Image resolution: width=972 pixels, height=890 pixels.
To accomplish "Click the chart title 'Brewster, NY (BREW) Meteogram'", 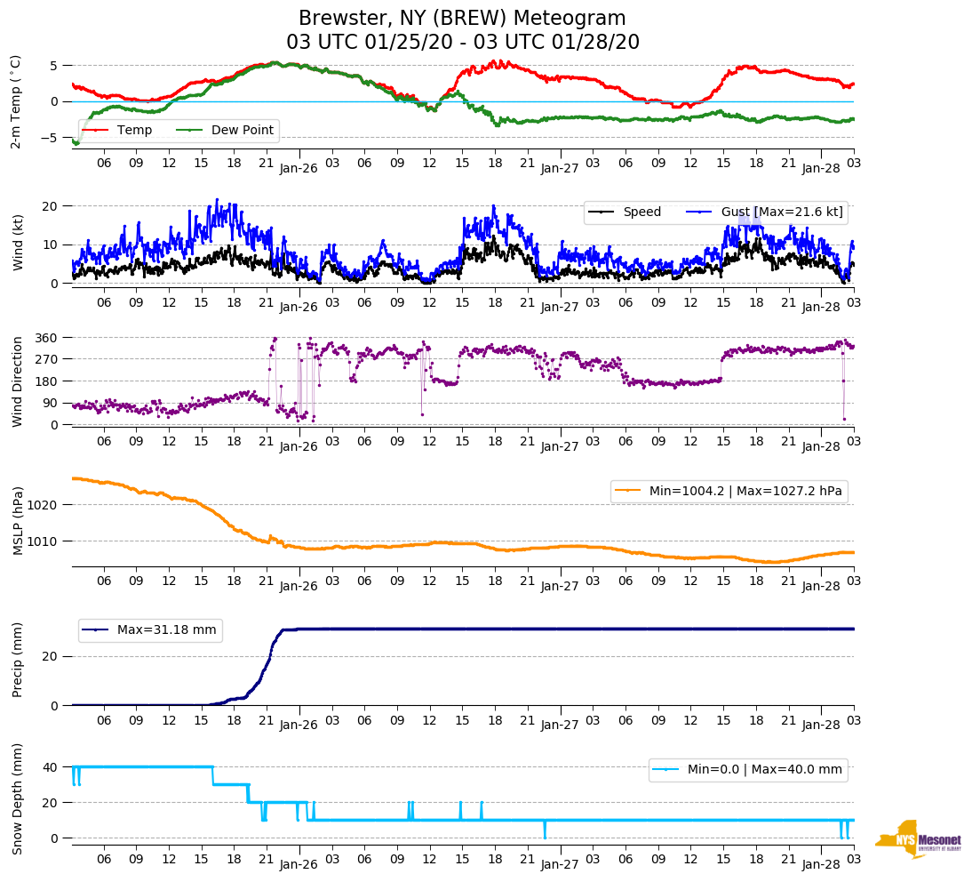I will [462, 19].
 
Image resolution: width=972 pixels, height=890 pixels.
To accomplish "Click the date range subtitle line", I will [462, 43].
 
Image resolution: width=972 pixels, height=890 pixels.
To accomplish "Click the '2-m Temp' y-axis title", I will [16, 100].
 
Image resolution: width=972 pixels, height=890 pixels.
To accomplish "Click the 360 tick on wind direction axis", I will [48, 338].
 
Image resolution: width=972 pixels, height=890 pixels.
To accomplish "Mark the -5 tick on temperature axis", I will [54, 138].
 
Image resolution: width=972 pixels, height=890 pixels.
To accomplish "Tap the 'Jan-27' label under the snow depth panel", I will [560, 863].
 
